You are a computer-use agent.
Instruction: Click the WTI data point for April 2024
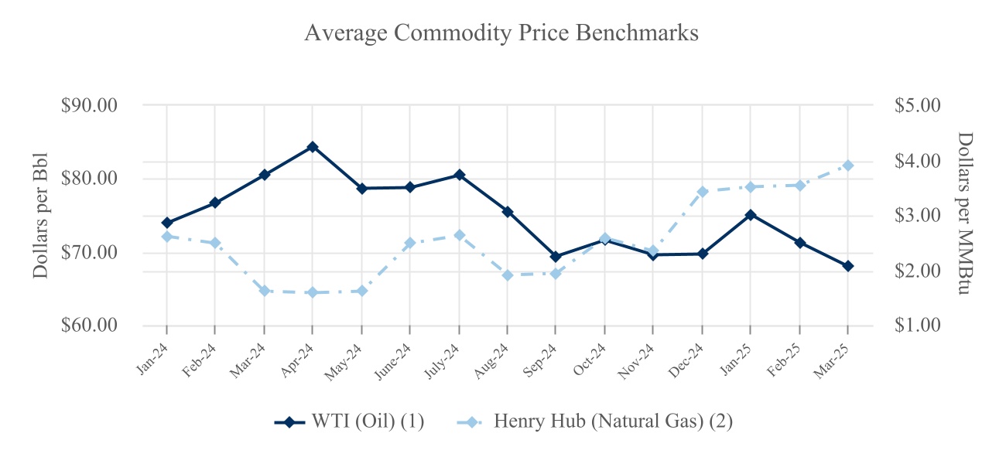(313, 147)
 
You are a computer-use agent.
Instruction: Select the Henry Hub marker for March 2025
(848, 165)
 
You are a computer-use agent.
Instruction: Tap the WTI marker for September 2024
(556, 257)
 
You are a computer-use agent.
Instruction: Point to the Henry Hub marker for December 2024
(703, 192)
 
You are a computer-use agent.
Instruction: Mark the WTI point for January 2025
(751, 215)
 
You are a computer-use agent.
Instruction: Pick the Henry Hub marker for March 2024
(264, 291)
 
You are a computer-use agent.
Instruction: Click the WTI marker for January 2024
(166, 223)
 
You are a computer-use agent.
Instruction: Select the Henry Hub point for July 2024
(459, 235)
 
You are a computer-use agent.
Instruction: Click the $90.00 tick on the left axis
(89, 105)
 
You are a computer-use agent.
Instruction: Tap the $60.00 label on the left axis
(89, 326)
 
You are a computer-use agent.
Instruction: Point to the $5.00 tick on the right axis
(917, 105)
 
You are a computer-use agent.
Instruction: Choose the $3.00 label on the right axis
(917, 215)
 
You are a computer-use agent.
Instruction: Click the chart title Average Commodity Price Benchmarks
(501, 34)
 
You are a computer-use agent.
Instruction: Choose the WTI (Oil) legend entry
(350, 421)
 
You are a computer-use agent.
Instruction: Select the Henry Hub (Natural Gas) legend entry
(596, 421)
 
